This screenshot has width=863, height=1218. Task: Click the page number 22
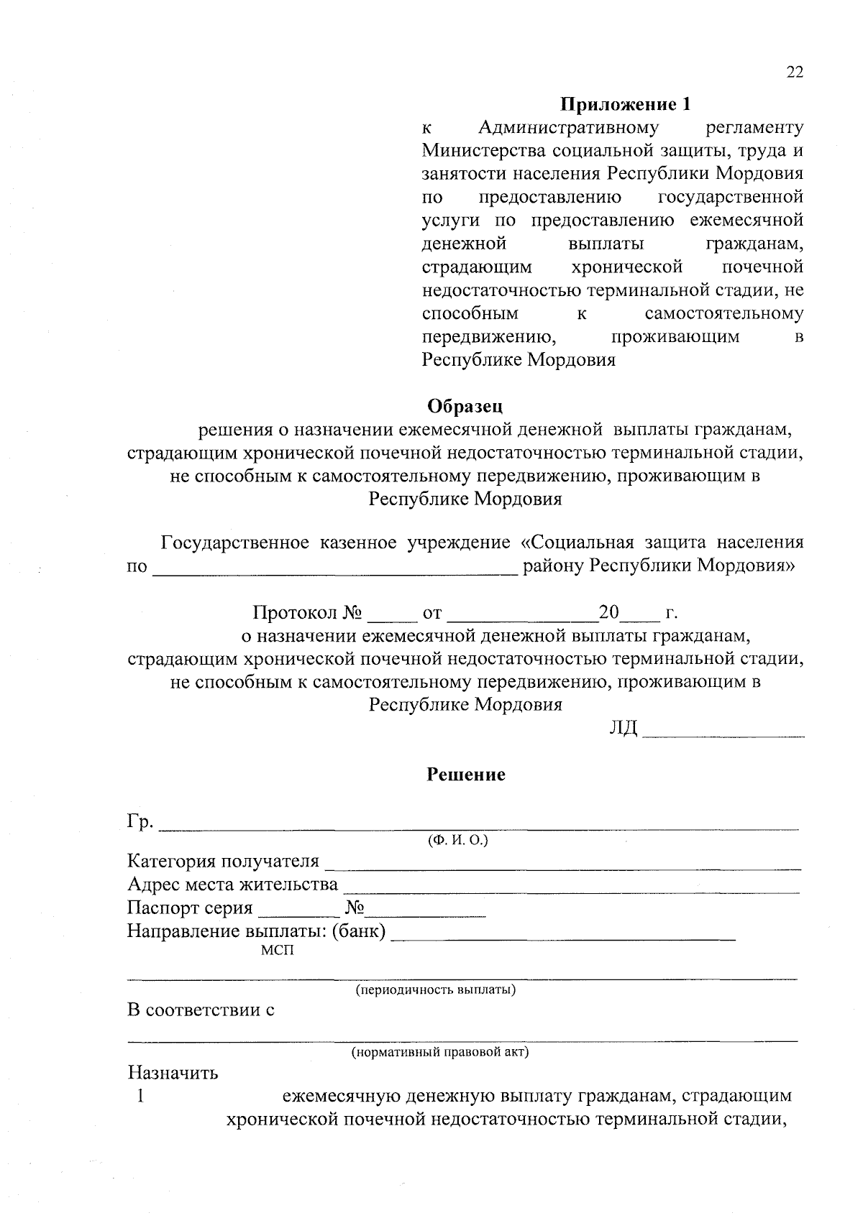point(794,72)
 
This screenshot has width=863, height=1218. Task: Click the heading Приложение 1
point(625,105)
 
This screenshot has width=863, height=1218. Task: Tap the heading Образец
point(465,406)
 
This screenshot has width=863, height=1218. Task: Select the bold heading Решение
point(466,775)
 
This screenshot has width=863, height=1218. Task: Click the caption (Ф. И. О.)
point(458,840)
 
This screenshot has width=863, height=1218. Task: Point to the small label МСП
point(278,951)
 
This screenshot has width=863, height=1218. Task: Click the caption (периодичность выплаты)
point(436,990)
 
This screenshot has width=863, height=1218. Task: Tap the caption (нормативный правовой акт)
point(439,1053)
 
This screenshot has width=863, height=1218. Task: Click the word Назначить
point(173,1074)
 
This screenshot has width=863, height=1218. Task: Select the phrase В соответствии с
point(201,1010)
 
